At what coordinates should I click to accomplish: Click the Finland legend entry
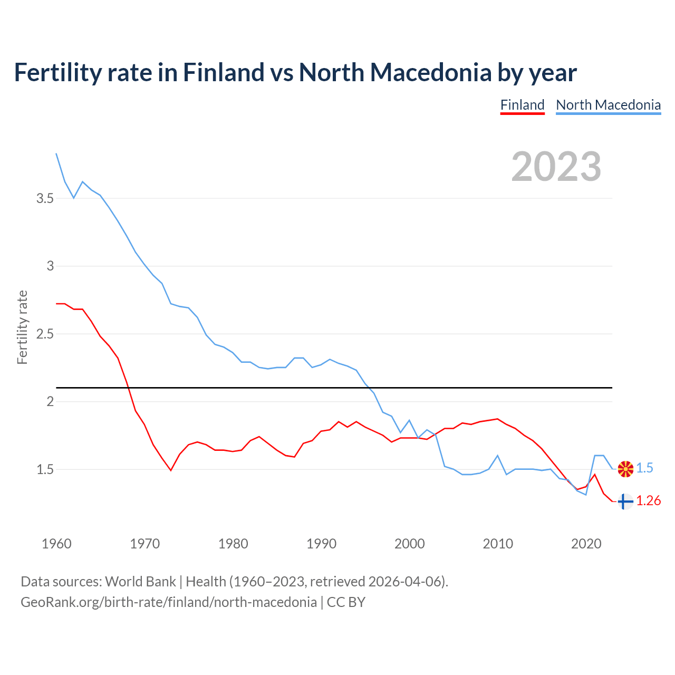pos(522,105)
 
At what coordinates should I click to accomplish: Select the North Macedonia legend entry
pos(608,105)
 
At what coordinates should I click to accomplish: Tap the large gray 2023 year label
pos(556,167)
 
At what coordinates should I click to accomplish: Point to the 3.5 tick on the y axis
pos(45,199)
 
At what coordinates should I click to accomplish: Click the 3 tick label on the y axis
pos(50,266)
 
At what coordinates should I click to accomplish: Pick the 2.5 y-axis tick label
pos(45,334)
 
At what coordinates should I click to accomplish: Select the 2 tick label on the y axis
pos(50,402)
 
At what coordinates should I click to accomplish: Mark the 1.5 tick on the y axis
pos(45,469)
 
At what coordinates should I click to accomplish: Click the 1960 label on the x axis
pos(56,544)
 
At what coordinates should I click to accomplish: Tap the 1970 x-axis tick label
pos(144,544)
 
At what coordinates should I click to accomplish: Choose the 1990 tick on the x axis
pos(321,544)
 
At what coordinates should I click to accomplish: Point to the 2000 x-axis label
pos(409,544)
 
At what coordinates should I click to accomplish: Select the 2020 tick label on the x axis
pos(586,544)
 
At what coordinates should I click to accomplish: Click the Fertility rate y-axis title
pos(22,327)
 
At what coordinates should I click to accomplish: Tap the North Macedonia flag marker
pos(625,469)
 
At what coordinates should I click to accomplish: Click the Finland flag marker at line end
pos(625,502)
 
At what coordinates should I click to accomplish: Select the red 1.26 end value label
pos(648,501)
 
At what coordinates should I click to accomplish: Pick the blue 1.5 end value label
pos(644,468)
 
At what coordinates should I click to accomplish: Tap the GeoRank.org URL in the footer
pos(169,602)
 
